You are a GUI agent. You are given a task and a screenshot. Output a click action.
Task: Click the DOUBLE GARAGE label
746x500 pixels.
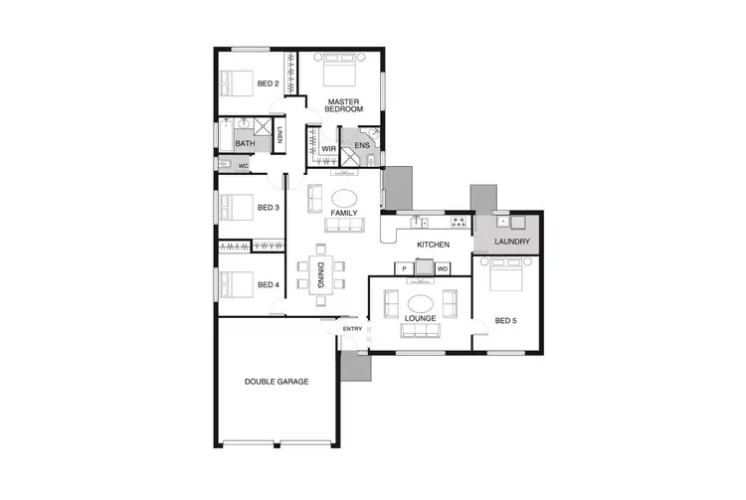[278, 381]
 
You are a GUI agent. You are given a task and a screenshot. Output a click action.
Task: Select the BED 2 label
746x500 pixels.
[268, 83]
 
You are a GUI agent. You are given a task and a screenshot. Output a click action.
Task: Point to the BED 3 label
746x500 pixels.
[268, 208]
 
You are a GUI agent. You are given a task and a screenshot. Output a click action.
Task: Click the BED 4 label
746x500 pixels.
[268, 285]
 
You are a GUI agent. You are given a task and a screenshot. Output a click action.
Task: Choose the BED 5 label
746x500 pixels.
[507, 320]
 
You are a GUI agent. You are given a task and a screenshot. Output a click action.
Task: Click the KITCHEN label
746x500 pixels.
[434, 245]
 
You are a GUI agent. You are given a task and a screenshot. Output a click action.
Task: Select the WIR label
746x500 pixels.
[328, 149]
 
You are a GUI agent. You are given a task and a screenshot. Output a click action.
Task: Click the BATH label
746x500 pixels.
[245, 144]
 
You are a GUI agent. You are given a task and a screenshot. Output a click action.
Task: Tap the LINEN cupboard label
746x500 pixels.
[280, 136]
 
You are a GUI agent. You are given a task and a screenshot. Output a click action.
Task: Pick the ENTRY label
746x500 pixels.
[353, 328]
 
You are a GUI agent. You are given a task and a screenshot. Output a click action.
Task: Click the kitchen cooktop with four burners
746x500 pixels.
[460, 221]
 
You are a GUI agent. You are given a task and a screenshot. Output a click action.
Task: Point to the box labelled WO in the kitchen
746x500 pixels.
[443, 268]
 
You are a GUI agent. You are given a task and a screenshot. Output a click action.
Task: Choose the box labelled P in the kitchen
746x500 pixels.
[405, 268]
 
